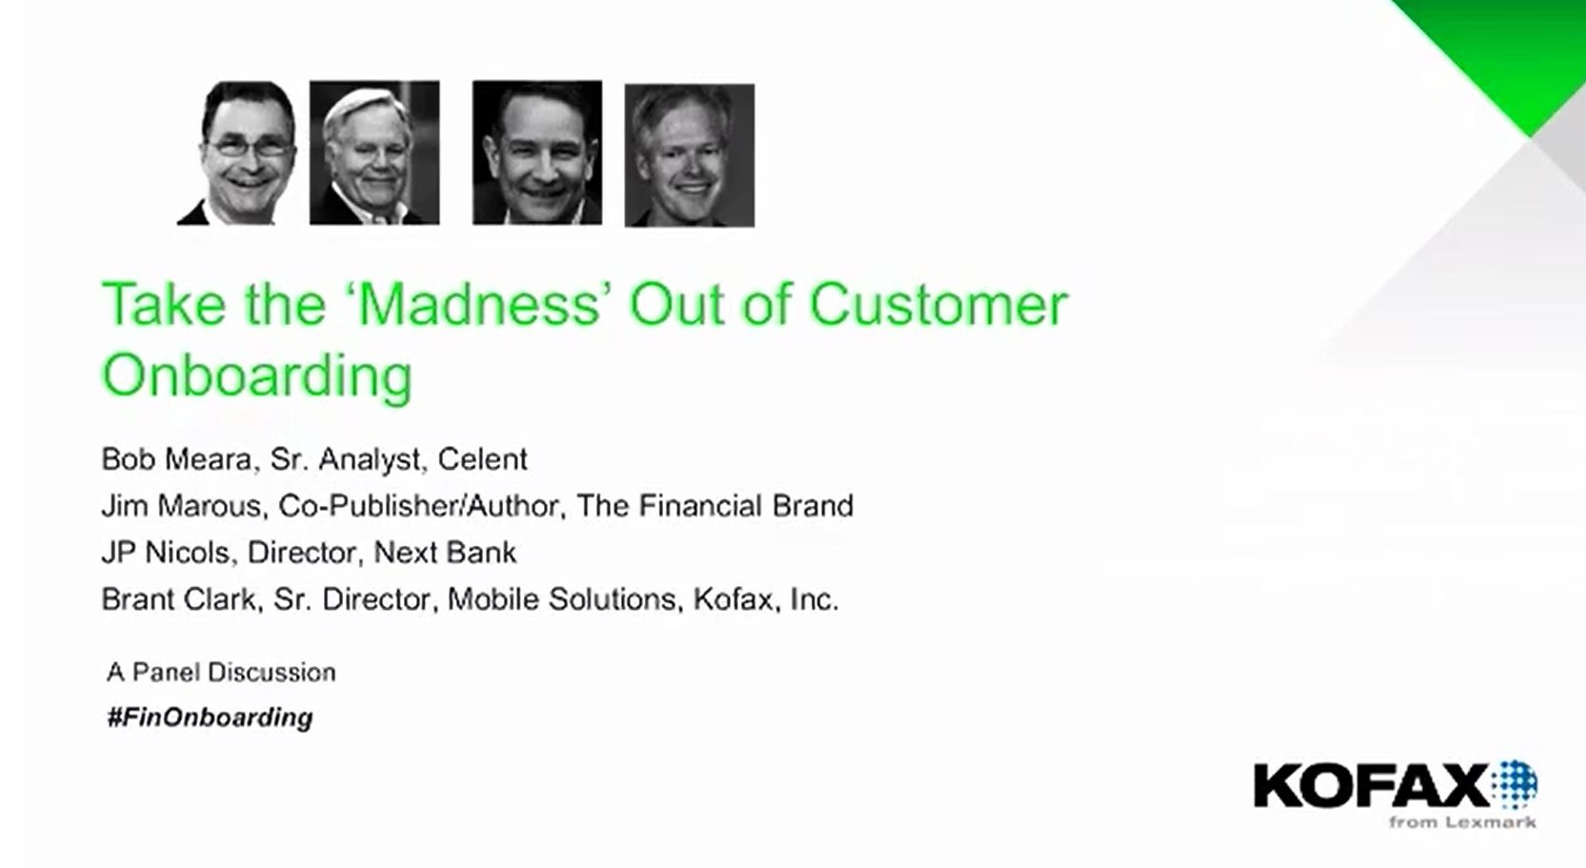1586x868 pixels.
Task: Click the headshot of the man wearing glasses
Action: point(237,153)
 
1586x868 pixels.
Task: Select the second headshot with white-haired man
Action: point(374,152)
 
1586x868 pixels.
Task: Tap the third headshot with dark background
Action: point(537,152)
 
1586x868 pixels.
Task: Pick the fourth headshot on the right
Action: point(690,155)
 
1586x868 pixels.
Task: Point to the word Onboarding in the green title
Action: point(257,376)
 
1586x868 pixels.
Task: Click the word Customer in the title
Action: point(938,305)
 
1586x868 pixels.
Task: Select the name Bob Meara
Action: point(176,459)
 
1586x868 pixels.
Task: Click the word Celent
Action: point(482,459)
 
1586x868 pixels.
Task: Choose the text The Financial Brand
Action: point(715,506)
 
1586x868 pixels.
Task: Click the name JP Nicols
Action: point(166,553)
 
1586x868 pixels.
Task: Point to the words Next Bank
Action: point(446,553)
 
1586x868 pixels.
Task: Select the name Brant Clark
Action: point(178,599)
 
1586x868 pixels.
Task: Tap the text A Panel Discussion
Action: point(221,672)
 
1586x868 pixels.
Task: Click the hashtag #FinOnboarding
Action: point(210,717)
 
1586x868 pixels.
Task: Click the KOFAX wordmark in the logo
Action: point(1372,785)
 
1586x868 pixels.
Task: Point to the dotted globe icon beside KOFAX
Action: point(1514,784)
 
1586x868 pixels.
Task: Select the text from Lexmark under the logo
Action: point(1462,822)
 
